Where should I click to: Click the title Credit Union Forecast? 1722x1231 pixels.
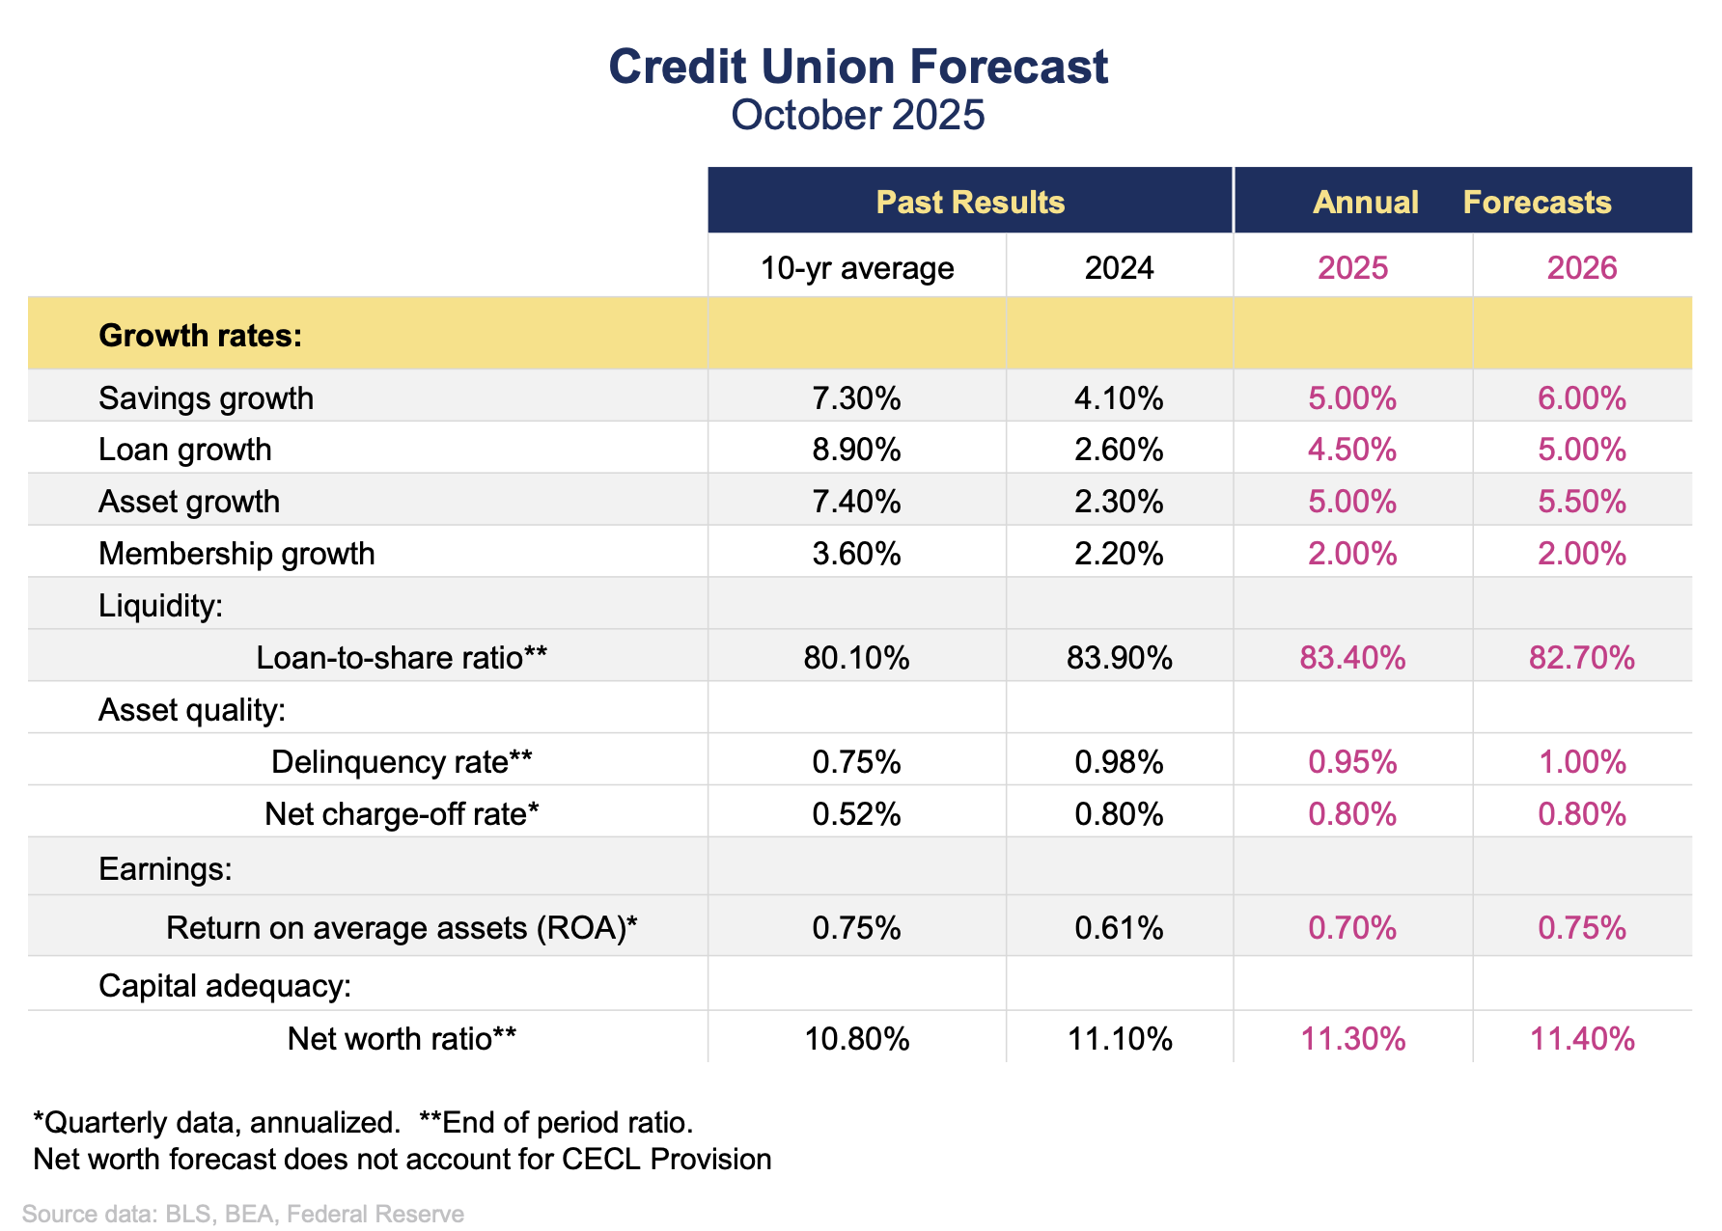pos(858,68)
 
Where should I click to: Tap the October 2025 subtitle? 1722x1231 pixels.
pos(858,115)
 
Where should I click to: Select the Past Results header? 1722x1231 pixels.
pos(970,202)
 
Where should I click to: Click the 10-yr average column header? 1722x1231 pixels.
pos(857,267)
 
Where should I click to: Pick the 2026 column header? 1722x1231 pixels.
pos(1582,267)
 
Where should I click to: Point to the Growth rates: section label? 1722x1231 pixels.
pos(201,335)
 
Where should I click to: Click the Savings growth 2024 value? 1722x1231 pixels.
pos(1119,398)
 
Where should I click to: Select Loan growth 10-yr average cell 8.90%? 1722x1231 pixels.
pos(857,450)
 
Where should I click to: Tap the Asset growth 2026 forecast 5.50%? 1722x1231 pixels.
pos(1582,502)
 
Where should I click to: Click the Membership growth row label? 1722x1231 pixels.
pos(236,554)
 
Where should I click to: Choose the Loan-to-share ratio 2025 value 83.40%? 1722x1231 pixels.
pos(1352,658)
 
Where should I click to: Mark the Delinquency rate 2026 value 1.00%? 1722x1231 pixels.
pos(1582,762)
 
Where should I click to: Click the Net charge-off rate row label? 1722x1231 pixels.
pos(402,814)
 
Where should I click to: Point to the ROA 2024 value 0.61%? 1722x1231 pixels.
pos(1119,928)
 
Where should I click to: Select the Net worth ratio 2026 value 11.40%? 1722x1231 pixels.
pos(1582,1039)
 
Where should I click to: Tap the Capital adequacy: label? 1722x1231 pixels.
pos(225,986)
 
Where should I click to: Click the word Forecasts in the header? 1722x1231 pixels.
pos(1537,202)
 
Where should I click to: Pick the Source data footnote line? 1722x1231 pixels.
pos(243,1214)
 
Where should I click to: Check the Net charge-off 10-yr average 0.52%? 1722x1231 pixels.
pos(857,814)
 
